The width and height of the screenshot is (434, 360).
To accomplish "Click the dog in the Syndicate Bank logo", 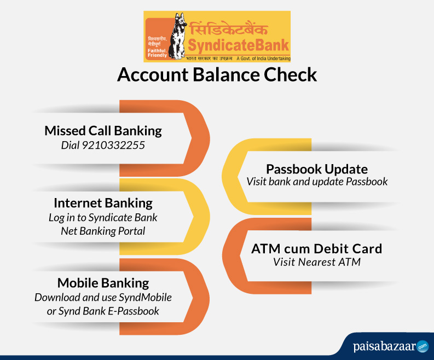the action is pos(178,36).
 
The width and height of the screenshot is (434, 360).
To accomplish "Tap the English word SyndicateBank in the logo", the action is pos(239,45).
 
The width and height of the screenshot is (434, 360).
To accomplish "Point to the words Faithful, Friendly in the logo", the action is pos(157,53).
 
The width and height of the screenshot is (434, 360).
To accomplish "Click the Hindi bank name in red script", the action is pos(229,29).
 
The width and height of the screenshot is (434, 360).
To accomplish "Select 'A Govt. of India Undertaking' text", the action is pos(263,59).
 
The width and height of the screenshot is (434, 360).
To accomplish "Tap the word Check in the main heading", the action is pos(291,74).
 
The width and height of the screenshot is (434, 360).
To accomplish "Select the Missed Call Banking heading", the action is pos(103,131).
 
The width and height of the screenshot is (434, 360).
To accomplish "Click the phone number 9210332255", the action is pos(113,146).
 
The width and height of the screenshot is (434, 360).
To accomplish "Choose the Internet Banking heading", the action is pos(103,203).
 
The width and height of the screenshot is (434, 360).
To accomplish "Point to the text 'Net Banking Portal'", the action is pos(103,231).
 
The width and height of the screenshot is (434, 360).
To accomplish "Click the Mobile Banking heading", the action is pos(103,283).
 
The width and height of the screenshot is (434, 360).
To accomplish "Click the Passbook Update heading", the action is pos(317,169).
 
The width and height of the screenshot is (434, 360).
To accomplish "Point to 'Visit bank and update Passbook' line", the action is pos(317,182).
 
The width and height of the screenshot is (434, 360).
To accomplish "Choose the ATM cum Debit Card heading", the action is pos(317,248).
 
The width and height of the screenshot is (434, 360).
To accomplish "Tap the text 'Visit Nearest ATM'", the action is pos(317,262).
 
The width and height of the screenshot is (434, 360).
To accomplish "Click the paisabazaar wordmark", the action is pos(385,346).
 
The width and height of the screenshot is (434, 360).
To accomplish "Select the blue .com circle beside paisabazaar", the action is pos(423,346).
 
